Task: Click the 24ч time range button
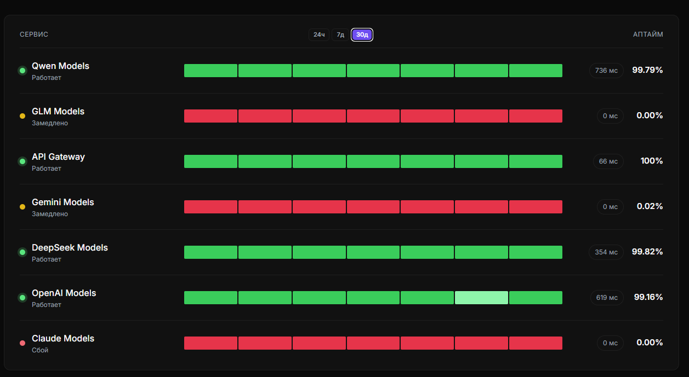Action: click(319, 34)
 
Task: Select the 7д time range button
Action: click(340, 34)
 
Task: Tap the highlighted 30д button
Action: click(362, 34)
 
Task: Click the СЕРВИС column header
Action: click(34, 34)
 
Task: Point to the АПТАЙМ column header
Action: click(648, 34)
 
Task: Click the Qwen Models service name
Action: click(60, 66)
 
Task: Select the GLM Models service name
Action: click(58, 112)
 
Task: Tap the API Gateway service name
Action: click(58, 157)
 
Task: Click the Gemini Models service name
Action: click(62, 202)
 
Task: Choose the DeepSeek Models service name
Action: click(70, 248)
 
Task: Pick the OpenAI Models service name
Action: click(64, 293)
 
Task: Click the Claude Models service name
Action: click(62, 339)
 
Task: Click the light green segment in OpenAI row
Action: click(481, 298)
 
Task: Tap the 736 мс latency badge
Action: click(606, 71)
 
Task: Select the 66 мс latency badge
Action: click(608, 161)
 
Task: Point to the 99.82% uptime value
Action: click(647, 252)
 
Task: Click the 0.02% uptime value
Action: click(650, 206)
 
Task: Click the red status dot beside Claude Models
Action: click(22, 343)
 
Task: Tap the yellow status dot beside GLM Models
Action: click(22, 116)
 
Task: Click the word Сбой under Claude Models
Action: click(40, 350)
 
